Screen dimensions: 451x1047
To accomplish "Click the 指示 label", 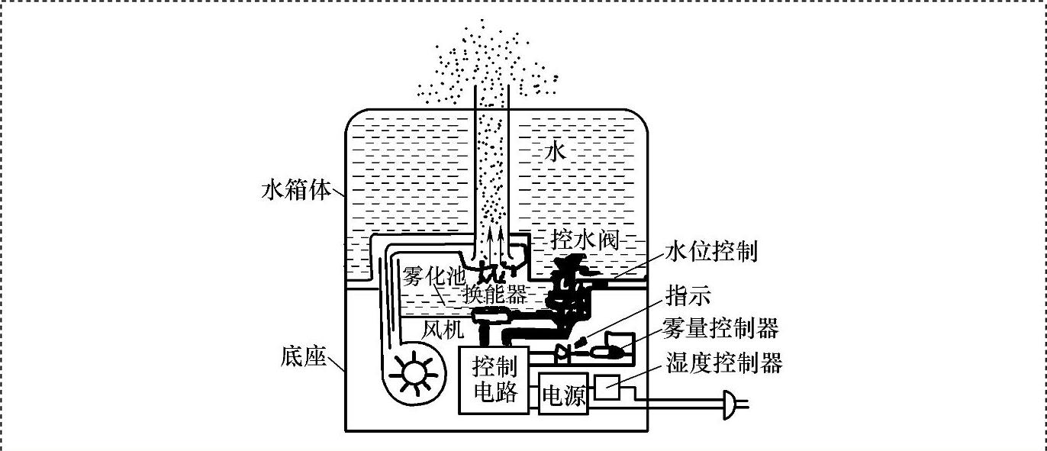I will pyautogui.click(x=688, y=295).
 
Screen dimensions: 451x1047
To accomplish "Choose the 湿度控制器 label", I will pyautogui.click(x=724, y=363).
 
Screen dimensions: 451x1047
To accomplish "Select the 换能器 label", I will pyautogui.click(x=495, y=295).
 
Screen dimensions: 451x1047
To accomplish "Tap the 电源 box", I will pyautogui.click(x=563, y=395).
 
